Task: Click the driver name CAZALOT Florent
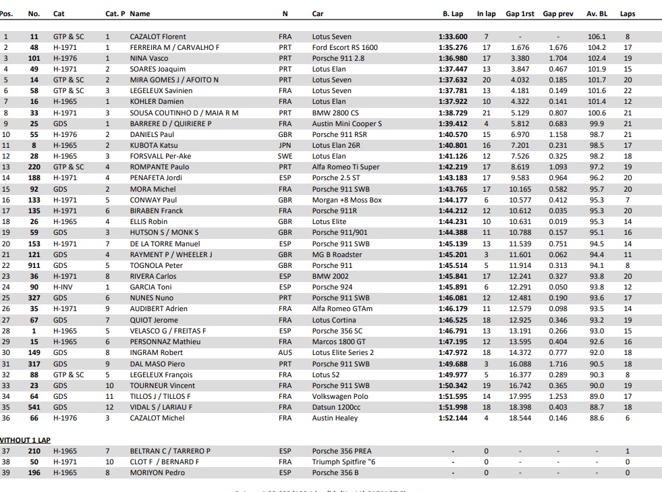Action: click(158, 36)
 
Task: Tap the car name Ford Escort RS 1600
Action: click(345, 47)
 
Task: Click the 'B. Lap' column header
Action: click(453, 13)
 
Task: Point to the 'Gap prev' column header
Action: click(558, 13)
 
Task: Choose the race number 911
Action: click(34, 265)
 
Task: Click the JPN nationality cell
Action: click(285, 145)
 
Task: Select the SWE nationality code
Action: click(285, 156)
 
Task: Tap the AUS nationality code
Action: click(285, 352)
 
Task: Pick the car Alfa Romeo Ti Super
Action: click(346, 167)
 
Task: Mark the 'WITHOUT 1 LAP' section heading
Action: click(26, 440)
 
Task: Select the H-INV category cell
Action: click(63, 287)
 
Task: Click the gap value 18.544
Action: click(520, 418)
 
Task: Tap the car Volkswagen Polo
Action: click(340, 396)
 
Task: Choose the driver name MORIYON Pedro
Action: click(157, 472)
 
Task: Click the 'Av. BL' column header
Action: click(597, 13)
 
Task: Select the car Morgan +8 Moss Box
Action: click(347, 200)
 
